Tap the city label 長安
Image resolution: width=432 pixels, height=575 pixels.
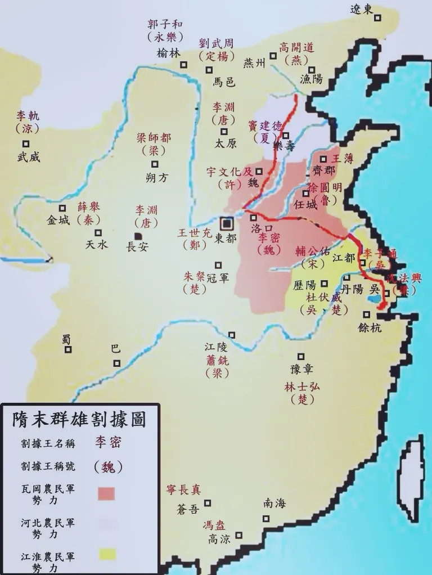coord(137,246)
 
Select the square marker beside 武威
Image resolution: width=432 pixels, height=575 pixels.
coord(21,143)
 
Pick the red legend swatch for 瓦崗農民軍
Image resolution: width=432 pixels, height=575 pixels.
coord(106,493)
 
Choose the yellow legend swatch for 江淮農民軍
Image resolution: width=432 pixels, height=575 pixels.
coord(106,554)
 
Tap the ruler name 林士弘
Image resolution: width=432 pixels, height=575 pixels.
coord(300,388)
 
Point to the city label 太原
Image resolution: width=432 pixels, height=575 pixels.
coord(226,143)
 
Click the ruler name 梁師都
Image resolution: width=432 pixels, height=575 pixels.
coord(154,138)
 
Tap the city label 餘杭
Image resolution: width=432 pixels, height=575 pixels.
coord(369,327)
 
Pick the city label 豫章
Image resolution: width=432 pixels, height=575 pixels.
coord(301,369)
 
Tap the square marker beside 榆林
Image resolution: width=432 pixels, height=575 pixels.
coord(183,65)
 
